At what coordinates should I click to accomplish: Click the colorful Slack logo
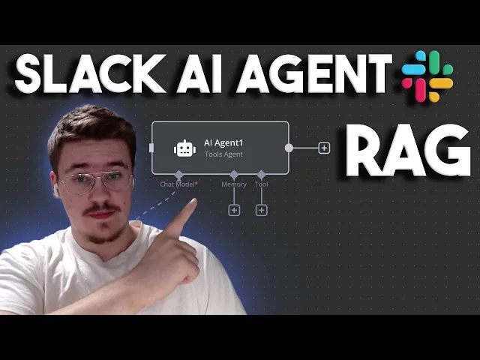click(427, 76)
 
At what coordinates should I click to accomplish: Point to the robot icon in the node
click(184, 148)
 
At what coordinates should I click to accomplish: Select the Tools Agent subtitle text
click(223, 154)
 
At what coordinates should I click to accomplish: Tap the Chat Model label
click(178, 184)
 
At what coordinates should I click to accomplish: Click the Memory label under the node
click(234, 184)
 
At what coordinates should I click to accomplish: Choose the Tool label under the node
click(261, 184)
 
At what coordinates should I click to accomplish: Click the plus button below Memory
click(234, 210)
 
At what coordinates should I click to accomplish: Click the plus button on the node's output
click(324, 148)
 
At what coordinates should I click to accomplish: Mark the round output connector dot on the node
click(289, 148)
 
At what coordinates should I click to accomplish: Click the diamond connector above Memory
click(234, 174)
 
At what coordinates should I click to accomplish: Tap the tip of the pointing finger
click(193, 203)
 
